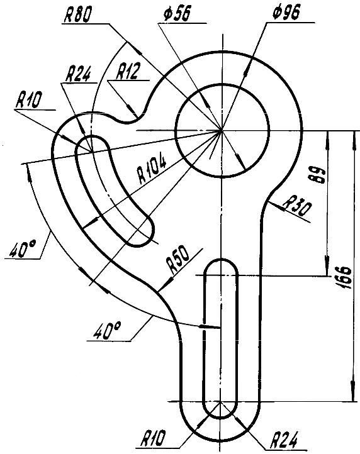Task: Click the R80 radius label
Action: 77,14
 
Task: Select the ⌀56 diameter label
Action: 177,14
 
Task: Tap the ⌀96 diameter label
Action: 286,13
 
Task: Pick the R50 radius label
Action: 178,262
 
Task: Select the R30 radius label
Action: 297,206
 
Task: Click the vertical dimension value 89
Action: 319,175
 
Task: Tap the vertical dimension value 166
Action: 345,278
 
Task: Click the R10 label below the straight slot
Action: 154,438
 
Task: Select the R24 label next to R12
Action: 78,74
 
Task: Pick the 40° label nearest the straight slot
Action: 107,331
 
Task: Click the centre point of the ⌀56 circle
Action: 222,131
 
